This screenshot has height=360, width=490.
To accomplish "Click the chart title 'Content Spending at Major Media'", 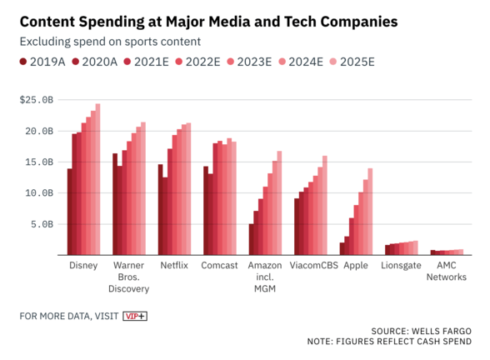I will pyautogui.click(x=208, y=20).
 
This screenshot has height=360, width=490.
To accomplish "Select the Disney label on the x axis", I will pyautogui.click(x=83, y=265).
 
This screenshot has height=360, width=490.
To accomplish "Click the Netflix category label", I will pyautogui.click(x=174, y=265).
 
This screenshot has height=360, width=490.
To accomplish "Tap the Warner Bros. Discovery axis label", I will pyautogui.click(x=128, y=277).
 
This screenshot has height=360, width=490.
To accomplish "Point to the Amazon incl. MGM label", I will pyautogui.click(x=265, y=277).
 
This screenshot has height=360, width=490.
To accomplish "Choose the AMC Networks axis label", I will pyautogui.click(x=447, y=271).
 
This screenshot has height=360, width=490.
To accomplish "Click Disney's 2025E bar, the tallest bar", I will pyautogui.click(x=97, y=179).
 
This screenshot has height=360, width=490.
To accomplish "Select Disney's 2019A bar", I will pyautogui.click(x=70, y=212).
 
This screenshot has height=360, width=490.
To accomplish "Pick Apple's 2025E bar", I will pyautogui.click(x=370, y=212).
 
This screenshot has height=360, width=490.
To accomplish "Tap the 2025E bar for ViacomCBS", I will pyautogui.click(x=325, y=205).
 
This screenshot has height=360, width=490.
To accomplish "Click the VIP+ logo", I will pyautogui.click(x=135, y=316).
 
